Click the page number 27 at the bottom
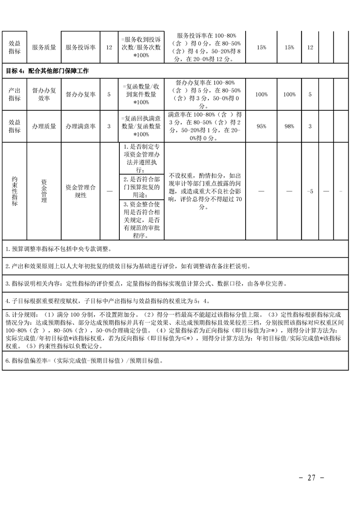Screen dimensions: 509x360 pyautogui.click(x=311, y=478)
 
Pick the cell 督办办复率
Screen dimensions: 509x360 pyautogui.click(x=80, y=94)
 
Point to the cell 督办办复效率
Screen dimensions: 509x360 pyautogui.click(x=44, y=94)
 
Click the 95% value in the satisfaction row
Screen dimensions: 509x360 pyautogui.click(x=261, y=127)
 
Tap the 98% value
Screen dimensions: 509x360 pyautogui.click(x=289, y=127)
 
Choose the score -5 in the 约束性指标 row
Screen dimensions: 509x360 pyautogui.click(x=310, y=191)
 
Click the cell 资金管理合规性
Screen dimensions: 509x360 pyautogui.click(x=80, y=191)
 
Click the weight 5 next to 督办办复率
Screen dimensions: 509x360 pyautogui.click(x=109, y=94)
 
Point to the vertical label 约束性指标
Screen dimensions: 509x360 pyautogui.click(x=15, y=191)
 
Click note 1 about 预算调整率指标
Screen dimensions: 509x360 pyautogui.click(x=59, y=249)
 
